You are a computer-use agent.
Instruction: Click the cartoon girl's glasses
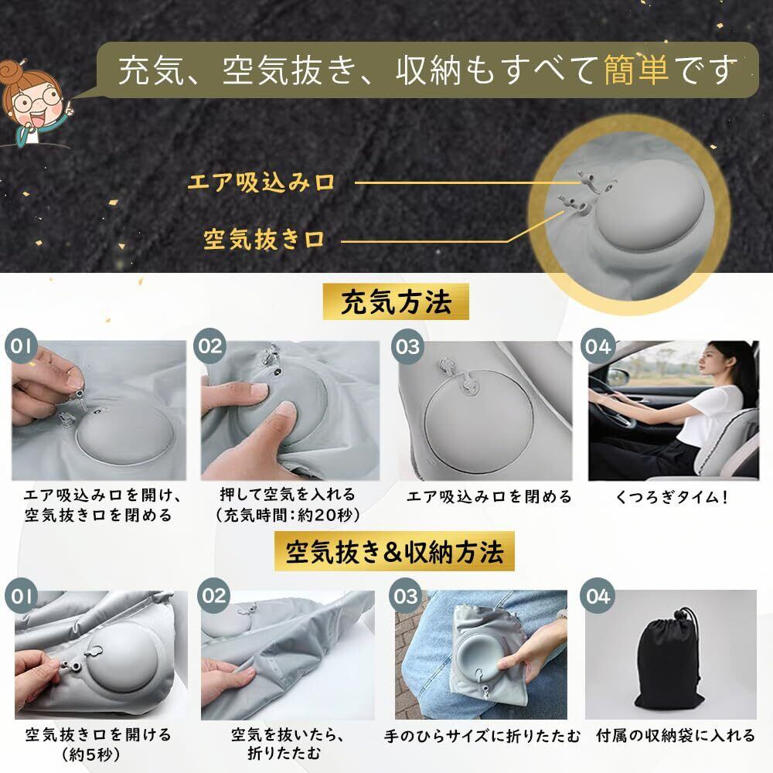click(x=37, y=100)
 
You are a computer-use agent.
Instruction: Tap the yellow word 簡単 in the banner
click(x=636, y=70)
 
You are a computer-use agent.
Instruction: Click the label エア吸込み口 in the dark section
click(x=261, y=182)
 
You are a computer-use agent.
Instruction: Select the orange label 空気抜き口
click(x=264, y=240)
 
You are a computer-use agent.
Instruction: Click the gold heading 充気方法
click(x=396, y=301)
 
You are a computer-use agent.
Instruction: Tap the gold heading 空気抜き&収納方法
click(x=394, y=551)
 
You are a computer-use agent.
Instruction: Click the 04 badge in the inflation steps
click(x=598, y=346)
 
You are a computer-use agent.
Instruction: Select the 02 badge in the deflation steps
click(x=214, y=595)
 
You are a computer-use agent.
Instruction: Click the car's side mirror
click(x=619, y=376)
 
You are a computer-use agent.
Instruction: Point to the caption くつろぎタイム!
click(x=672, y=497)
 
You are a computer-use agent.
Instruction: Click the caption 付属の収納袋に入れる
click(x=676, y=736)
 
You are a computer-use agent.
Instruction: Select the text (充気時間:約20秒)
click(x=288, y=515)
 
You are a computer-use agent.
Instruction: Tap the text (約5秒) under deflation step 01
click(x=91, y=754)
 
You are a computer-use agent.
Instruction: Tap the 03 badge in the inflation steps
click(x=407, y=346)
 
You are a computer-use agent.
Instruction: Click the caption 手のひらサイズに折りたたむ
click(x=482, y=736)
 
